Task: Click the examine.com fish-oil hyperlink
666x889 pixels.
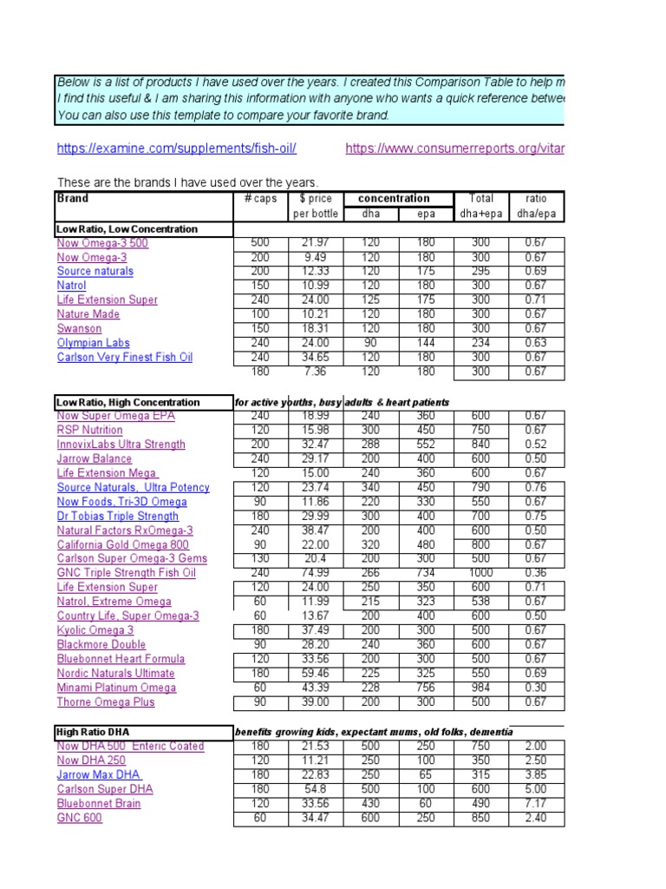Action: tap(176, 148)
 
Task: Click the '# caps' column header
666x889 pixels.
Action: tap(260, 199)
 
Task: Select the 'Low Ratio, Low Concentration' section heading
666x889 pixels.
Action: tap(127, 229)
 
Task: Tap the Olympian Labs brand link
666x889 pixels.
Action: tap(93, 343)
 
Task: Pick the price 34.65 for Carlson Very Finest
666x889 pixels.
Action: tap(316, 357)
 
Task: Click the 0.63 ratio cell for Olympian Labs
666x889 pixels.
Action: tap(536, 343)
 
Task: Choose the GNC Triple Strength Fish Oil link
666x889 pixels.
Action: tap(126, 573)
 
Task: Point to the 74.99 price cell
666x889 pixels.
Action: tap(316, 573)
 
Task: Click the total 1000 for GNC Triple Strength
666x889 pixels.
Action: tap(480, 573)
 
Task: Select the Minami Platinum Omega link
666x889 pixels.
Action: tap(116, 688)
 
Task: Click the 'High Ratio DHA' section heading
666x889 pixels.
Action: tap(93, 733)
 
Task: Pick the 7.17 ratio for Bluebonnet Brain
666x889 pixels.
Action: tap(536, 803)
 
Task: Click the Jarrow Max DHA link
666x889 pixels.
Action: tap(99, 774)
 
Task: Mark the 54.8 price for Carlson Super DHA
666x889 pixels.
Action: tap(316, 789)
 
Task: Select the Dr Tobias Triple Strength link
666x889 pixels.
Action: tap(117, 516)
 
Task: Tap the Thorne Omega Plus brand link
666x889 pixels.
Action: tap(106, 702)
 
